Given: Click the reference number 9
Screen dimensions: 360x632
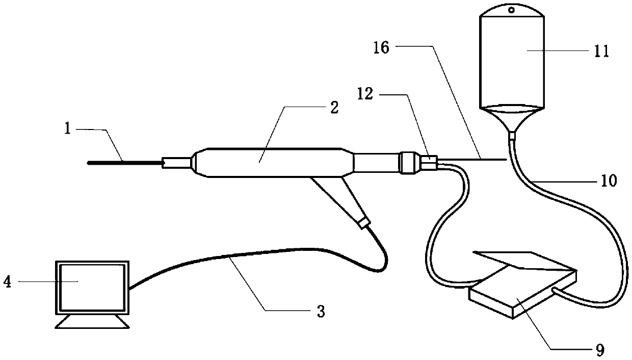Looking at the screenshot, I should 600,350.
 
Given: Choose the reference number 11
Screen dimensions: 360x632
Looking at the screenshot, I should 601,52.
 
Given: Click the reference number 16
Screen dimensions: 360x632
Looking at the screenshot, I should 381,48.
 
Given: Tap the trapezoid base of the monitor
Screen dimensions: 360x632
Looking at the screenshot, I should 92,323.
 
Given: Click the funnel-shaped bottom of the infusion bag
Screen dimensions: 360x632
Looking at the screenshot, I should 513,119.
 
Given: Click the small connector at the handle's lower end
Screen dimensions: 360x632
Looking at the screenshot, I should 363,222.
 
